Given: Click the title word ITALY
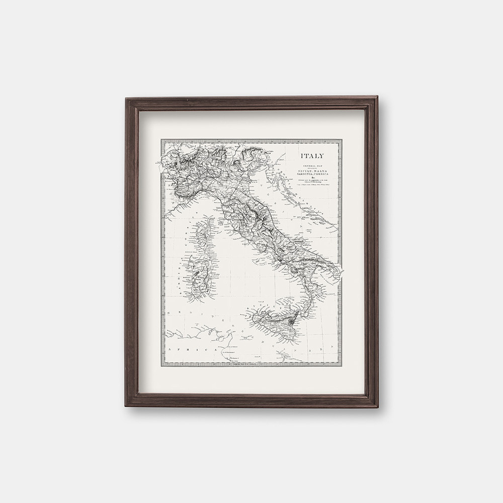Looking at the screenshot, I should (x=312, y=156).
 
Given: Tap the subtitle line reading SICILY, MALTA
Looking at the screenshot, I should (x=312, y=172).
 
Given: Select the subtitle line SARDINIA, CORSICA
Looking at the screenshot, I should (x=312, y=175).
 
